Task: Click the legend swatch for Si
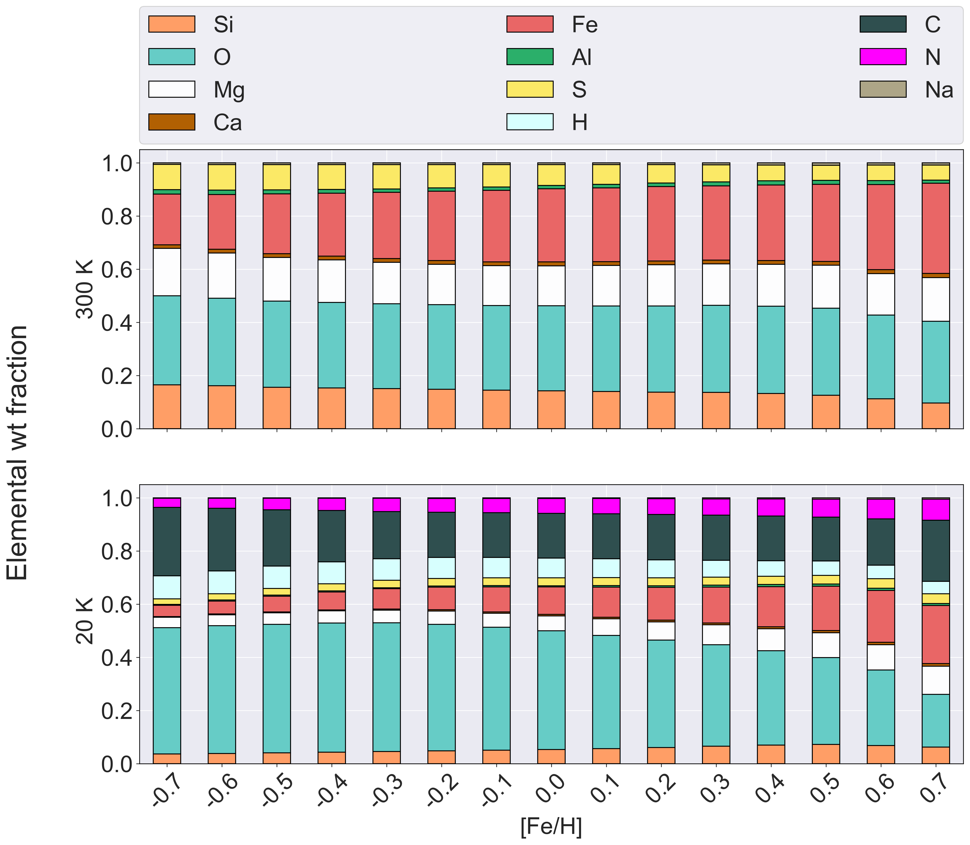[x=172, y=24]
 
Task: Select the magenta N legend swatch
[x=883, y=56]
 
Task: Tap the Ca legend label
[x=228, y=123]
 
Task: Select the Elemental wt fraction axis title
[x=18, y=453]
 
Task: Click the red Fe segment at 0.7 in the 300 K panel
[x=936, y=228]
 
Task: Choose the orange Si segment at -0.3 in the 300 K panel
[x=386, y=408]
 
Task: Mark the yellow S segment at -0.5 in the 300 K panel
[x=277, y=177]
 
